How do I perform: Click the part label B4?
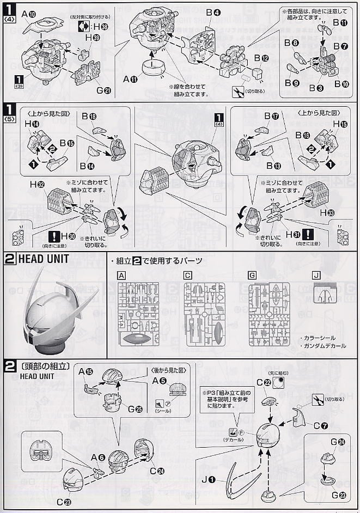click(x=212, y=11)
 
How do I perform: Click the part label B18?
click(x=89, y=116)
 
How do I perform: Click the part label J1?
click(x=209, y=479)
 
